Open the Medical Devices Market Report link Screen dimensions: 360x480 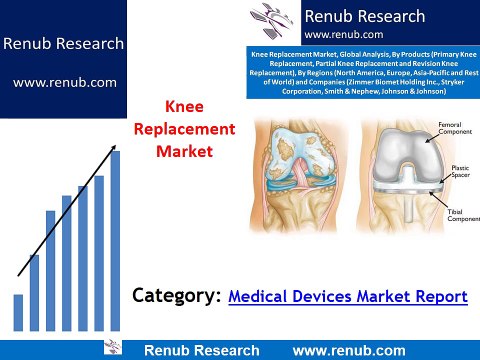[348, 296]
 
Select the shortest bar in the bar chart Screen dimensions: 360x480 [18, 311]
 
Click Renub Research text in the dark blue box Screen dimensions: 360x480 [63, 44]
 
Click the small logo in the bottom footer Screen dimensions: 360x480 [111, 349]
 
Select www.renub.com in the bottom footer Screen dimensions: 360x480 [349, 350]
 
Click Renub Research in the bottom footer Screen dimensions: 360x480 [202, 350]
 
